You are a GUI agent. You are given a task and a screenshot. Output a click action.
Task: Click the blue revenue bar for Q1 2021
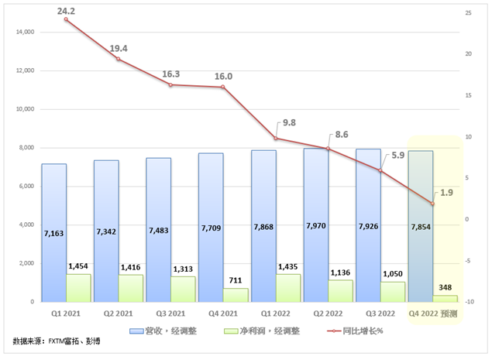click(53, 232)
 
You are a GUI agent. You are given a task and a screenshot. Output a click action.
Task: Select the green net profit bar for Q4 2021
click(236, 295)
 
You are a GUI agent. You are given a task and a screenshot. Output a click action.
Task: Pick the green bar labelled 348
click(446, 298)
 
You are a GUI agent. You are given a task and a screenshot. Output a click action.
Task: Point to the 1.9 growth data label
click(446, 193)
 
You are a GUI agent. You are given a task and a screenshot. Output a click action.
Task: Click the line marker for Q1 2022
click(276, 139)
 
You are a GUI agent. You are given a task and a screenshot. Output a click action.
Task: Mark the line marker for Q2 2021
click(119, 59)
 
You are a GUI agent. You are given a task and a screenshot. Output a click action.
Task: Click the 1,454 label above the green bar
click(77, 266)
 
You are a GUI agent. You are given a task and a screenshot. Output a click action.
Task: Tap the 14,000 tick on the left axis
click(23, 33)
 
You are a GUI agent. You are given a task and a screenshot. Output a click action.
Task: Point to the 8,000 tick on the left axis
click(26, 148)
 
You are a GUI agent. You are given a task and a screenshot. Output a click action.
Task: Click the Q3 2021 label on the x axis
click(170, 314)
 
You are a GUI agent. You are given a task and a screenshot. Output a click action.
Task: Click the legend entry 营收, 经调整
click(168, 331)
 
